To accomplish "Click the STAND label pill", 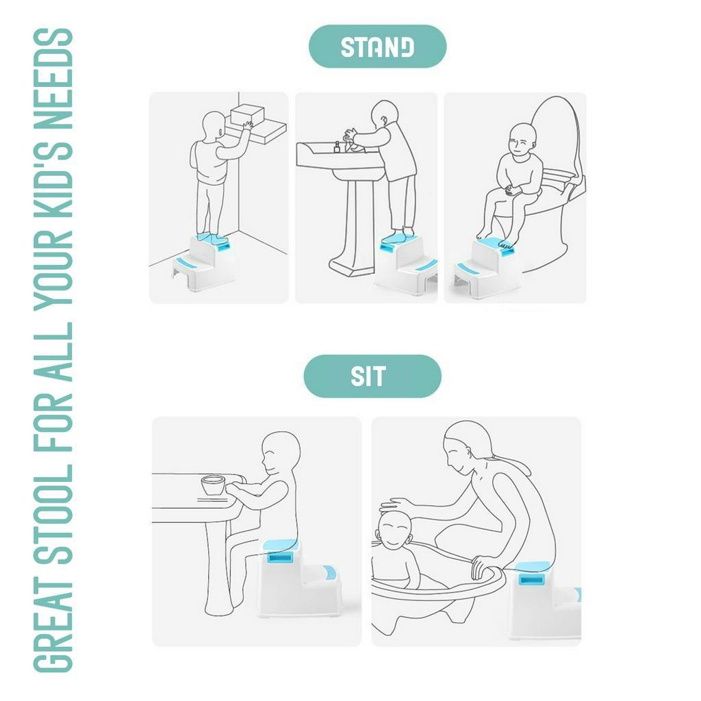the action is (x=377, y=47).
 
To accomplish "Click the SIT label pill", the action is (x=372, y=376).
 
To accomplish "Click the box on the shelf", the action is (x=246, y=117).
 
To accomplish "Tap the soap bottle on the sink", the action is (x=337, y=147).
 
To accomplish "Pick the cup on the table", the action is (x=213, y=485).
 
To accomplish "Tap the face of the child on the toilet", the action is (x=520, y=144).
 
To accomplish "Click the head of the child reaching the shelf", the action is (x=214, y=126).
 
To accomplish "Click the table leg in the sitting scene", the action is (x=220, y=568).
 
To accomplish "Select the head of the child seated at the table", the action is (x=280, y=454).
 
